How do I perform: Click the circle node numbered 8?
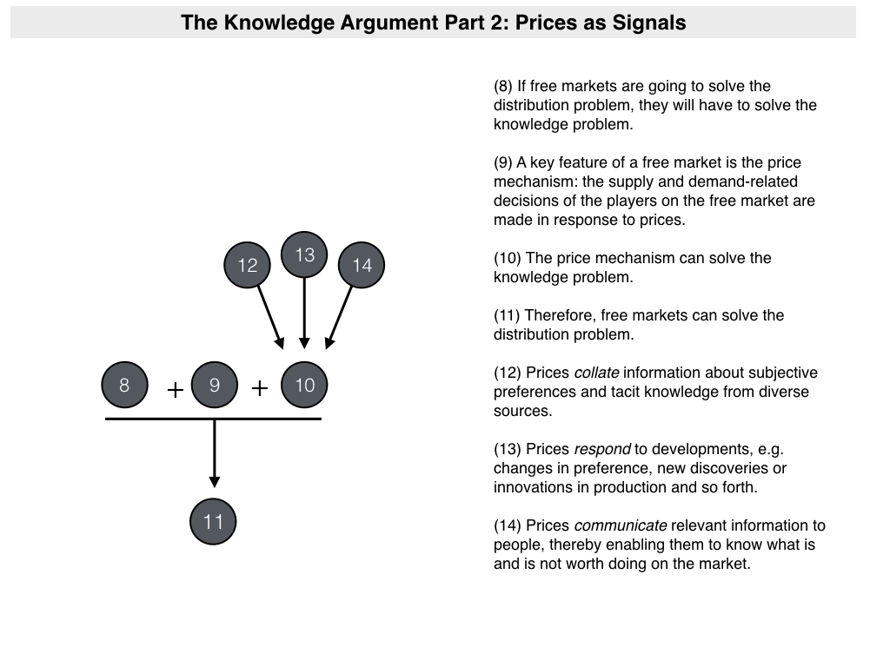coord(124,385)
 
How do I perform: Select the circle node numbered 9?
coord(215,385)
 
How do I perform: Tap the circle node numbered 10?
coord(305,385)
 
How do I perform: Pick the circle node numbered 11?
coord(214,521)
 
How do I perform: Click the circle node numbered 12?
coord(248,265)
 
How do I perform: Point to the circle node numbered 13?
coord(304,254)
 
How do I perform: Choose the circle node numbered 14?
coord(362,265)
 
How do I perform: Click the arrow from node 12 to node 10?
coord(269,316)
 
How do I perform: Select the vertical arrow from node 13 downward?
coord(304,313)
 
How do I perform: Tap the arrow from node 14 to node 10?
coord(340,316)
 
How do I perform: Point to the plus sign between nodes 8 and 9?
coord(175,390)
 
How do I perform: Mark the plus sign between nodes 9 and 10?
coord(259,388)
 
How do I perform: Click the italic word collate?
coord(596,373)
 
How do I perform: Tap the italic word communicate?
coord(621,525)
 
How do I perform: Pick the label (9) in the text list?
coord(503,162)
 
